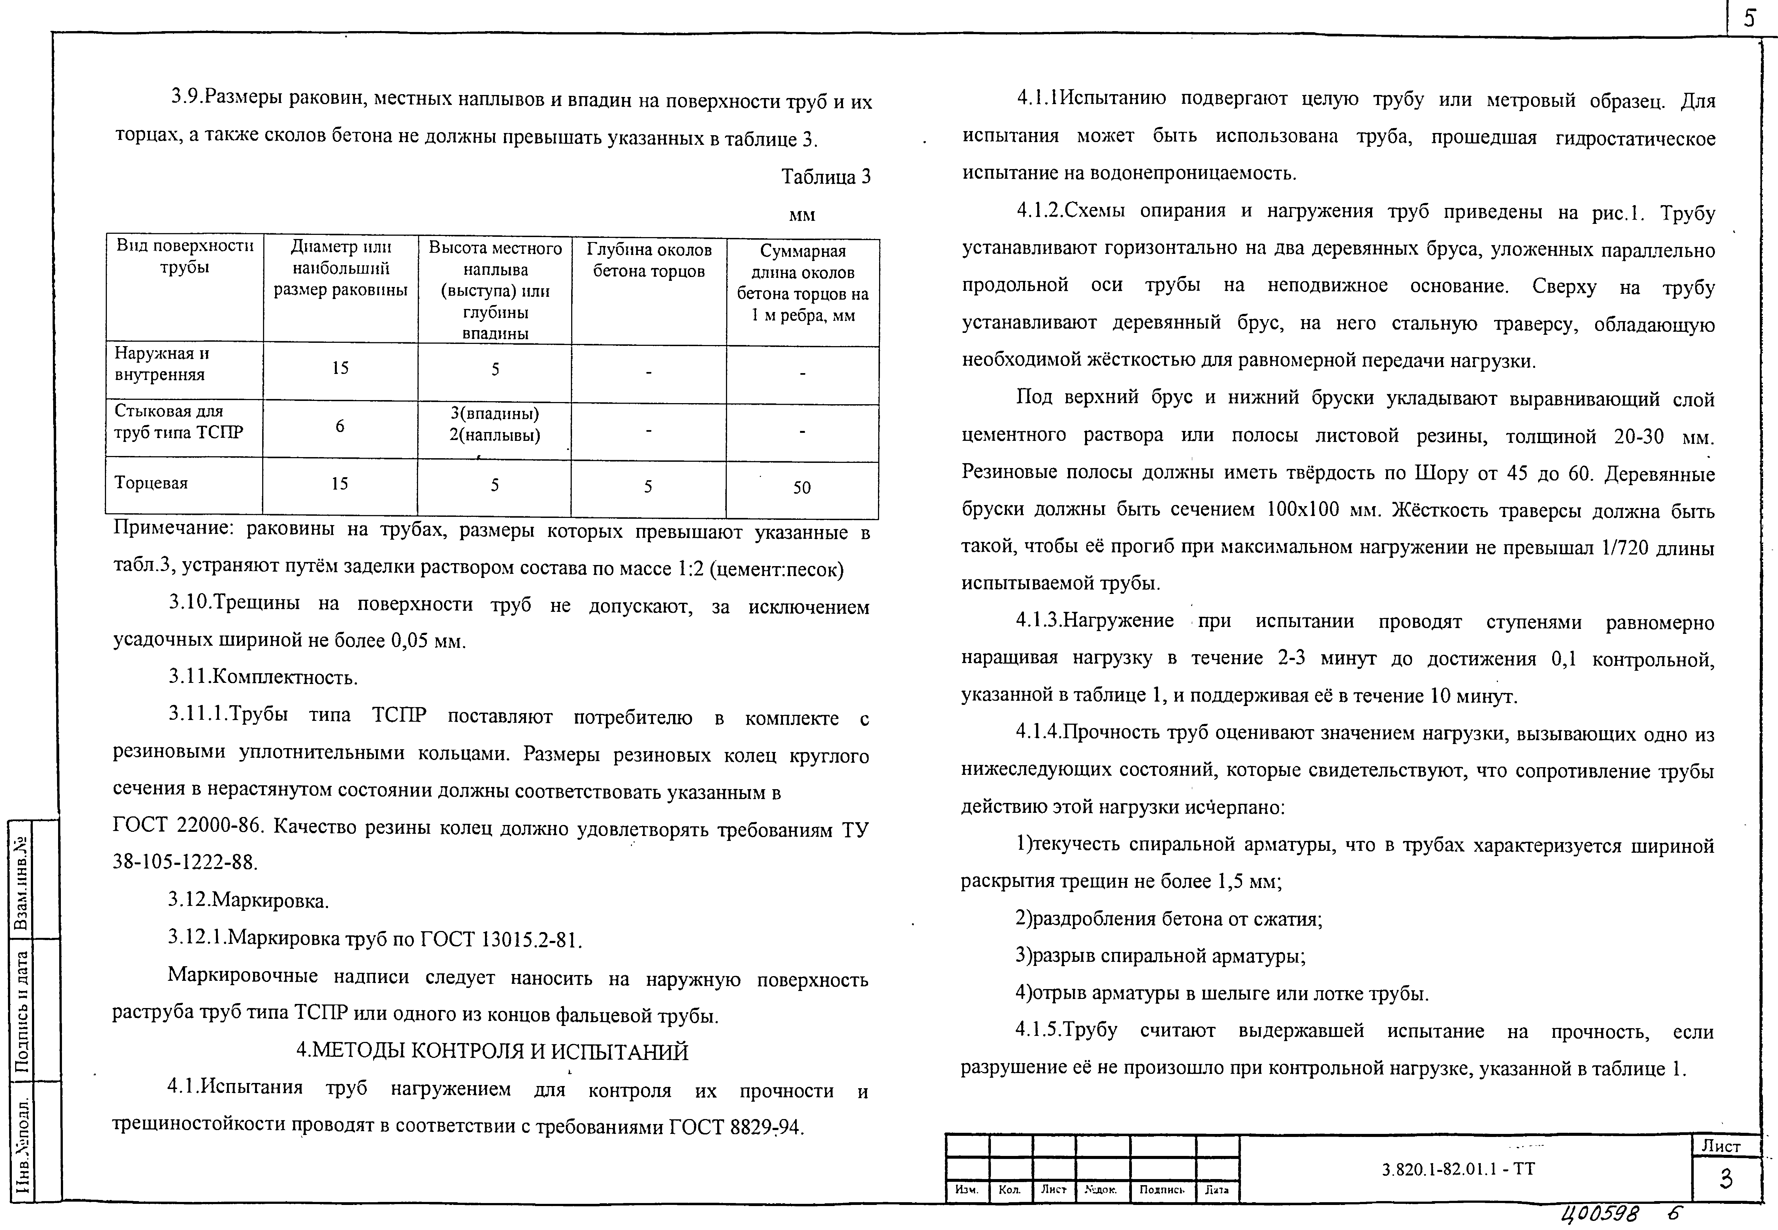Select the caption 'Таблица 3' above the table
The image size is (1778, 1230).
point(825,177)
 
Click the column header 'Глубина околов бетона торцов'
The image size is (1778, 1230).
point(649,260)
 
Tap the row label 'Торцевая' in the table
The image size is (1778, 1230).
point(151,483)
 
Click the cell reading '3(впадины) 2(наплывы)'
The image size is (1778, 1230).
point(495,425)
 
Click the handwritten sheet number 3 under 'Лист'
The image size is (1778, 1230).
point(1726,1179)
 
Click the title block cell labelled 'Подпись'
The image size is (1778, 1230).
point(1161,1190)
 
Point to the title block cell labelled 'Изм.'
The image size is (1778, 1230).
point(966,1190)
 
